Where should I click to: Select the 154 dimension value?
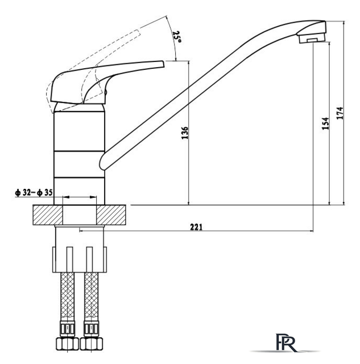coord(325,124)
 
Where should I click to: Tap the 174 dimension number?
coord(340,113)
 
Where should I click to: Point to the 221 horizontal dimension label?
coord(195,226)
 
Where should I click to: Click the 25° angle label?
coord(177,38)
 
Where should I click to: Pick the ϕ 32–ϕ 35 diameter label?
coord(34,193)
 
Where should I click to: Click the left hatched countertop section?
coord(47,215)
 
